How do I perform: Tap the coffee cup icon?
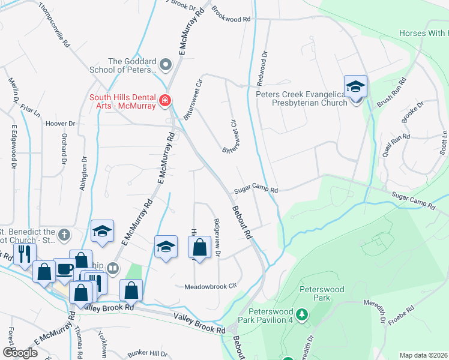pyautogui.click(x=65, y=268)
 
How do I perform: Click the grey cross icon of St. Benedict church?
pyautogui.click(x=65, y=234)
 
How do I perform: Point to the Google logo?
pyautogui.click(x=20, y=352)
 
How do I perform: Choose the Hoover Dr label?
pyautogui.click(x=60, y=124)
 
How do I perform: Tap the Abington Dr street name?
pyautogui.click(x=83, y=174)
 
